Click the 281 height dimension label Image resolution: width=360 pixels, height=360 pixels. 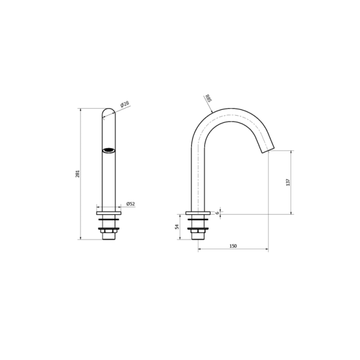pyautogui.click(x=77, y=174)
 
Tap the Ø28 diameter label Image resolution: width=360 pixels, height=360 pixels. pyautogui.click(x=125, y=104)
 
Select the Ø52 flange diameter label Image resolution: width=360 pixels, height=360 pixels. pyautogui.click(x=131, y=203)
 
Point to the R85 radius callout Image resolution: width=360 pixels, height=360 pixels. pyautogui.click(x=208, y=98)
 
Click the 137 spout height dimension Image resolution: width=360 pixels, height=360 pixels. pyautogui.click(x=288, y=182)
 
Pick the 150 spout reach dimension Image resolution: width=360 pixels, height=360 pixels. pyautogui.click(x=233, y=246)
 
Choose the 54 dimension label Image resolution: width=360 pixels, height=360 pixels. pyautogui.click(x=177, y=227)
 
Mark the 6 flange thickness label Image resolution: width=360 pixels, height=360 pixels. pyautogui.click(x=217, y=213)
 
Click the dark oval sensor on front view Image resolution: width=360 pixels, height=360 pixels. pyautogui.click(x=109, y=151)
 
